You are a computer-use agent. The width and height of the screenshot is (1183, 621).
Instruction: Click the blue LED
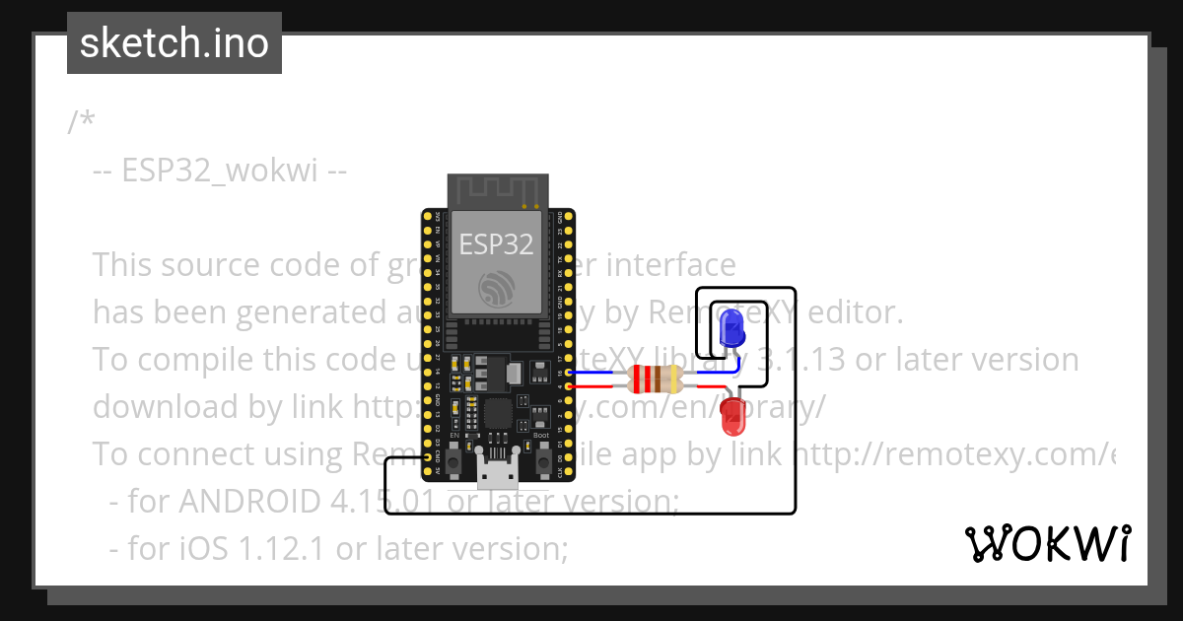(x=731, y=327)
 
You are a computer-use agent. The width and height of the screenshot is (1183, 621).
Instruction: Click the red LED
(x=733, y=415)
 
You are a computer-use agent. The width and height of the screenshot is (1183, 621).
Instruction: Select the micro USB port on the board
(x=497, y=474)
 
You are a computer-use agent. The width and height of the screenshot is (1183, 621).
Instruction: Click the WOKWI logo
(x=1047, y=543)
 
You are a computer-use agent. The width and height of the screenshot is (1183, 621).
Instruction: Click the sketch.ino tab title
(x=174, y=43)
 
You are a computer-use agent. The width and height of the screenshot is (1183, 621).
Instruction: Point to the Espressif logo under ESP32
(x=497, y=289)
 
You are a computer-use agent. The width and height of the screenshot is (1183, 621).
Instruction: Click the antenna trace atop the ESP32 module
(x=497, y=191)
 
